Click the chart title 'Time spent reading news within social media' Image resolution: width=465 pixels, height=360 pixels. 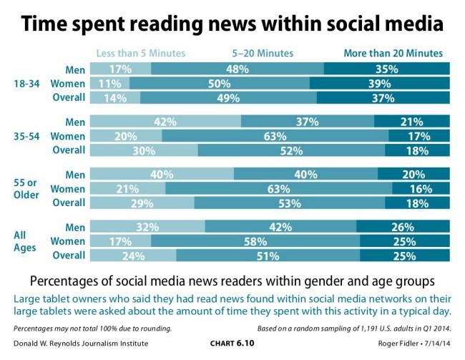pos(232,24)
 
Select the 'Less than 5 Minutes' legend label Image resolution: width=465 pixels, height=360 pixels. pos(141,53)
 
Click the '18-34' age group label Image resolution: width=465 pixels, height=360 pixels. pos(27,83)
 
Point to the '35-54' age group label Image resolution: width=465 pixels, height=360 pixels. pos(27,136)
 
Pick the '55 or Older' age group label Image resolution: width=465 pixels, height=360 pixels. pos(27,189)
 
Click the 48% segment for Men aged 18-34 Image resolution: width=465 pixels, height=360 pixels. pos(238,69)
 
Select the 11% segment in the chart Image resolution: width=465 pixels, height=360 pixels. pos(111,83)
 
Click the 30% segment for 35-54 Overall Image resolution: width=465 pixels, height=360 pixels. pos(145,150)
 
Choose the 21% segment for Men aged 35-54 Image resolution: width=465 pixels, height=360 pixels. pos(412,122)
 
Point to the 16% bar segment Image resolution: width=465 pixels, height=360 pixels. pos(421,189)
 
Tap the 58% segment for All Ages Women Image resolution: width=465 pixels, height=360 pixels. pos(254,242)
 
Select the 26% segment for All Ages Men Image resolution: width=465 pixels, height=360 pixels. pos(403,228)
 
